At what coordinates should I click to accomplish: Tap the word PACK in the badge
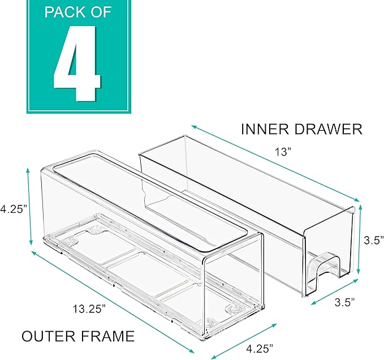coord(66,12)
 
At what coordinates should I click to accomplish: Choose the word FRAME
coord(107,336)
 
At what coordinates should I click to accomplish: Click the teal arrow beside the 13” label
coord(275,162)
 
